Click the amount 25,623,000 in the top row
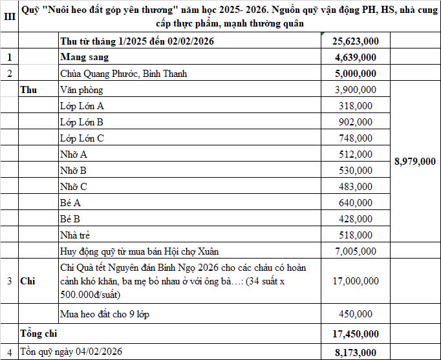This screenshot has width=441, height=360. (355, 41)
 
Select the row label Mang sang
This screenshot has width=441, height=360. (80, 58)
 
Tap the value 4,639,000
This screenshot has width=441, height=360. (355, 58)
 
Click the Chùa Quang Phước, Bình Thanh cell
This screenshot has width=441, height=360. (124, 74)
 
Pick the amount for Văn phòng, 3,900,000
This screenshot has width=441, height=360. (355, 90)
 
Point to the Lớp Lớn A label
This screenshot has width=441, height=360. (81, 106)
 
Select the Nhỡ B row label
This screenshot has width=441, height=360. (73, 171)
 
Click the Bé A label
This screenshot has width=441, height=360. (70, 203)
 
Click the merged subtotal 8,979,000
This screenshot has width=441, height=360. (414, 162)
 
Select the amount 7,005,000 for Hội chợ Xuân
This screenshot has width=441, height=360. (355, 251)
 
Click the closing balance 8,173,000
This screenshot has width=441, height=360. (355, 352)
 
